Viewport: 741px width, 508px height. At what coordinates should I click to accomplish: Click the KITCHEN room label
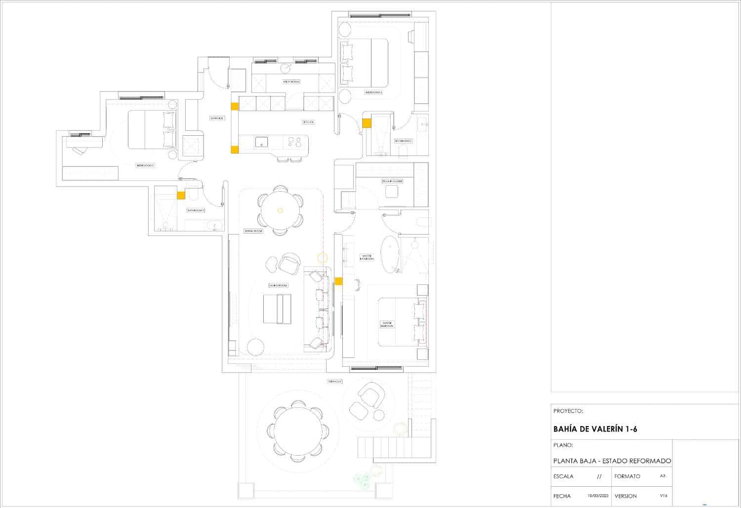click(308, 122)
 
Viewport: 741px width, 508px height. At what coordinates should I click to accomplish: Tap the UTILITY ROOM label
click(291, 82)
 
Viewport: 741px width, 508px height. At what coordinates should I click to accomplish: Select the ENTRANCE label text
click(217, 118)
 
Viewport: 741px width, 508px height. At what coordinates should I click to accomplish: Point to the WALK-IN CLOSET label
click(392, 181)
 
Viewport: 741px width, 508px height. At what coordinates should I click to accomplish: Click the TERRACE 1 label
click(334, 382)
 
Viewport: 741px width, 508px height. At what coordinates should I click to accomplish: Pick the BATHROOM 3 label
click(196, 210)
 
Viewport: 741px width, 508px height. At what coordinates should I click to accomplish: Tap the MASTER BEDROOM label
click(387, 324)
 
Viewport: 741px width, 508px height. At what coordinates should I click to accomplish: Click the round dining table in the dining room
click(280, 210)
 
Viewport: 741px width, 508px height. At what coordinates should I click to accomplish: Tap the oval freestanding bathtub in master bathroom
click(390, 254)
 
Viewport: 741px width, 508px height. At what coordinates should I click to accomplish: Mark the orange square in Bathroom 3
click(181, 195)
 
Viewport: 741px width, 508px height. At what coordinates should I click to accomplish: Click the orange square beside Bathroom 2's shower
click(367, 123)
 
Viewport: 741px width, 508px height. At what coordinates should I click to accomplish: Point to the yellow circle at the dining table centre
click(280, 210)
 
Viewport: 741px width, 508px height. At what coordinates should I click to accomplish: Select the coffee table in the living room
click(277, 309)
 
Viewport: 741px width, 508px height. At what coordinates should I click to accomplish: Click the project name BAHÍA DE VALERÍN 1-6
click(595, 430)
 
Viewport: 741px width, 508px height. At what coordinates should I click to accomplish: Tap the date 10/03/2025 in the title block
click(598, 496)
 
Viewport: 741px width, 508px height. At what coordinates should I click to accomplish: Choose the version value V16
click(663, 496)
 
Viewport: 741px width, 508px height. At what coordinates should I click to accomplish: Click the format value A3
click(662, 476)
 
